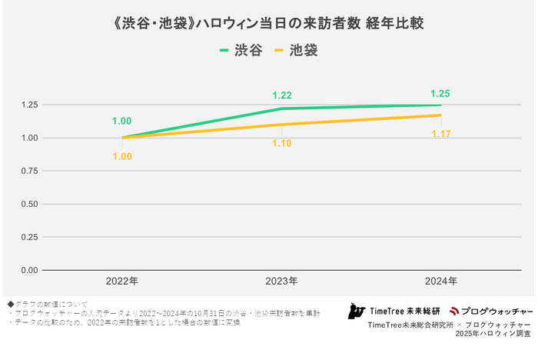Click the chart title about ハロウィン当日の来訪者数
tap(269, 24)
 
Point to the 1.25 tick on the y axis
tap(29, 105)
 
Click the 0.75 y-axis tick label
tap(29, 171)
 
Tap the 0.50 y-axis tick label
tap(29, 204)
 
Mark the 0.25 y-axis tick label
tap(29, 237)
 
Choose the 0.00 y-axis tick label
tap(29, 270)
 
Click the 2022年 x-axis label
tap(123, 282)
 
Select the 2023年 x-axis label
tap(282, 282)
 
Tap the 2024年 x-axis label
tap(440, 282)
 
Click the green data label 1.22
tap(282, 95)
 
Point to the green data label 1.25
tap(440, 93)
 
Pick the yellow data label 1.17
tap(440, 135)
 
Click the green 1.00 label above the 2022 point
tap(122, 122)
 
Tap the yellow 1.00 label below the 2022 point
tap(122, 156)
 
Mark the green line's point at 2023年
tap(282, 108)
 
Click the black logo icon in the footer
tap(355, 312)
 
